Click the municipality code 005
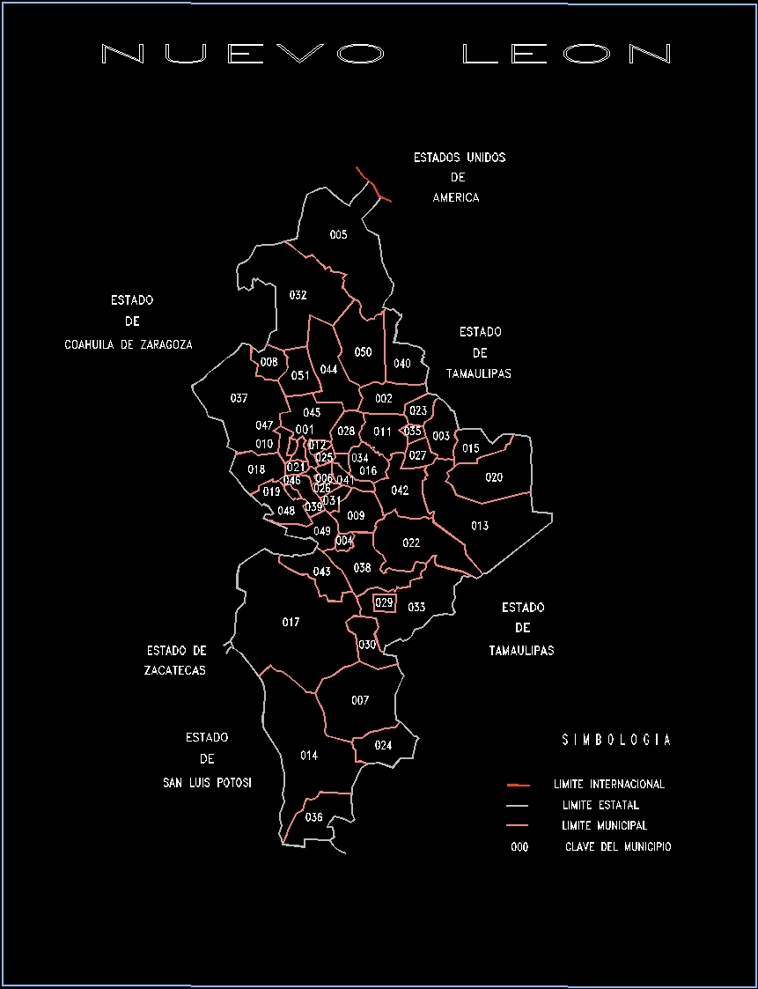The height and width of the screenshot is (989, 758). point(338,235)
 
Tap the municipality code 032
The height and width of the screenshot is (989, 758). point(298,295)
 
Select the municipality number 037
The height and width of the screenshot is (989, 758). point(239,399)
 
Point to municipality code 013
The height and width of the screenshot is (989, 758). point(479,527)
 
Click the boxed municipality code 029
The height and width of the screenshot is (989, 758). point(384,603)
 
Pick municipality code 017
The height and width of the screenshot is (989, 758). point(291,623)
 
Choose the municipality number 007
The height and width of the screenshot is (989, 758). point(359,701)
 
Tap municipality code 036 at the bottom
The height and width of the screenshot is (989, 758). point(313,818)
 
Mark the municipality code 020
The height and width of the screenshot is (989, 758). point(493,478)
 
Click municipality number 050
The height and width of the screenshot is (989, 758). point(363,352)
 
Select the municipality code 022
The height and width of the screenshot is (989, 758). point(411,543)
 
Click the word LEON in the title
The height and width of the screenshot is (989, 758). point(566,55)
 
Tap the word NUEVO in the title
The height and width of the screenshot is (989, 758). point(243,55)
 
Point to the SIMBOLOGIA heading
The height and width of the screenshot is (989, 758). point(616,741)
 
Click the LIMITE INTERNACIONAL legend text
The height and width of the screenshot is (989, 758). point(609,784)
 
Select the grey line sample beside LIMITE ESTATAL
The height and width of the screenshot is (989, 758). point(518,806)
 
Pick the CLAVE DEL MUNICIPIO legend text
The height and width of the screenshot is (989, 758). point(618,847)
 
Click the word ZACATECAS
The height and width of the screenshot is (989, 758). point(175,670)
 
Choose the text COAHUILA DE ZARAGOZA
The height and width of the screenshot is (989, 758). point(129,345)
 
